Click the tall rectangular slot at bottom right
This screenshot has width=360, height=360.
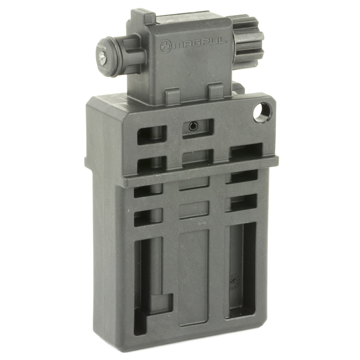(x=240, y=270)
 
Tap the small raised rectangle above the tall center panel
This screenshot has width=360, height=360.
(x=194, y=209)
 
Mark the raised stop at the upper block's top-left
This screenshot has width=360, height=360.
(x=142, y=16)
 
